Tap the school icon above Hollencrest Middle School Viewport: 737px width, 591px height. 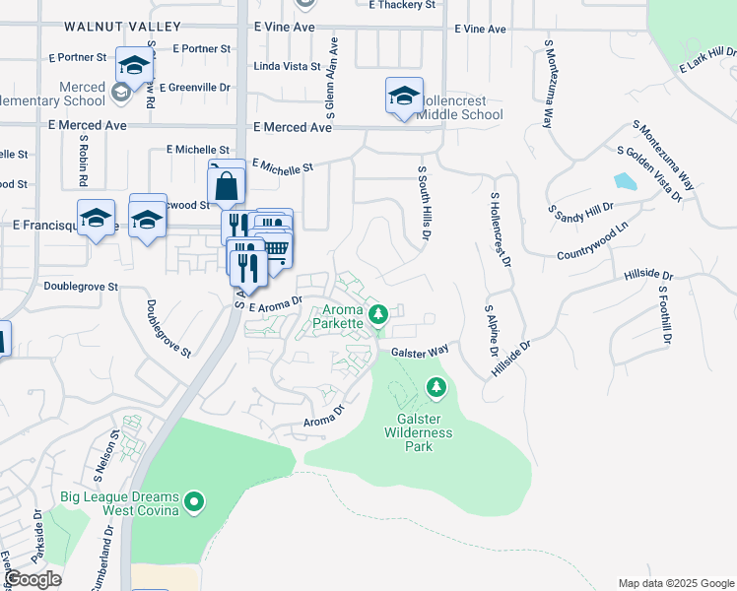(404, 96)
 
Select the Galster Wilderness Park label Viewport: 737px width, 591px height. (418, 432)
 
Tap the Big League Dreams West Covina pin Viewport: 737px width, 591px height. (194, 503)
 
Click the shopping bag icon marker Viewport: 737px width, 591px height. (227, 183)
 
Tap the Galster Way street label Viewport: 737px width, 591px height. (420, 351)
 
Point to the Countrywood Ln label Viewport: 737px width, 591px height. (592, 241)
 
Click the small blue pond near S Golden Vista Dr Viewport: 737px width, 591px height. (625, 181)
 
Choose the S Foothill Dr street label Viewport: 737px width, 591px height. (666, 315)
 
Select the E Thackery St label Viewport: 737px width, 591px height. (401, 5)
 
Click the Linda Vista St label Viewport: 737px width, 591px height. (288, 67)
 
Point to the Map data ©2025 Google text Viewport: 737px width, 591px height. (675, 583)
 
